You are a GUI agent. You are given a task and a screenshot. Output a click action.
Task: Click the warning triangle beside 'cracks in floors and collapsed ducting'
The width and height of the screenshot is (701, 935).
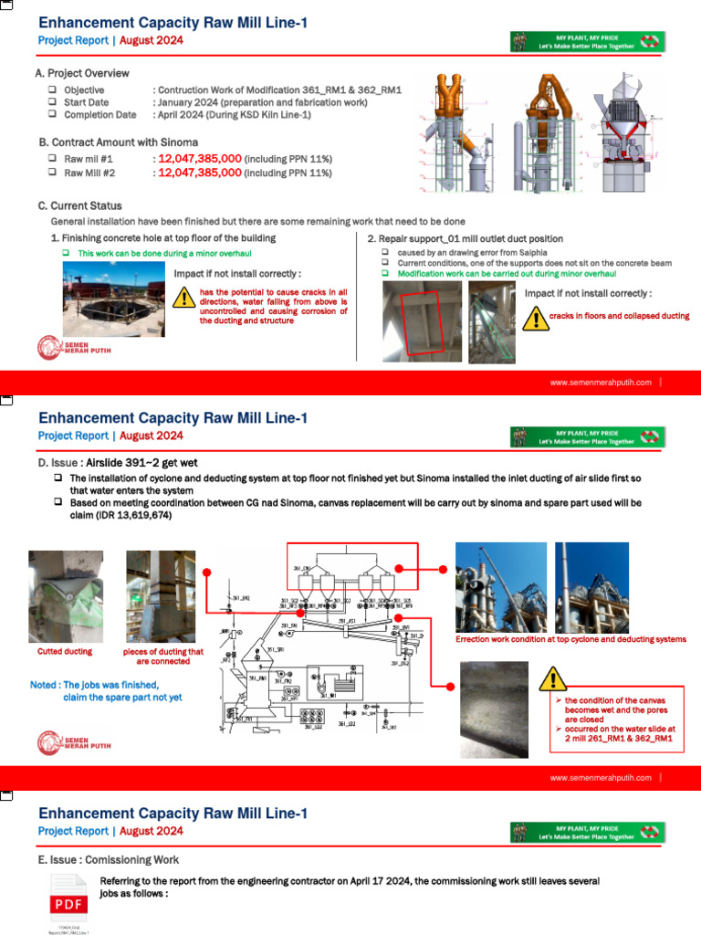coord(534,317)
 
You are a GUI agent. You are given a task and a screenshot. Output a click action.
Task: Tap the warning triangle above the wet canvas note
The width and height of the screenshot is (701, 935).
coord(552,678)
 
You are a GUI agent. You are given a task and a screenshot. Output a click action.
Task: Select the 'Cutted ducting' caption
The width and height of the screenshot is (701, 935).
coord(64,652)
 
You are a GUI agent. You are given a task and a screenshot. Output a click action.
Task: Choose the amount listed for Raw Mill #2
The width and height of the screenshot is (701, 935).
coord(200,172)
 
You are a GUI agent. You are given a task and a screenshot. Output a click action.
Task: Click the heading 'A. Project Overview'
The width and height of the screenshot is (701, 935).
coord(82,73)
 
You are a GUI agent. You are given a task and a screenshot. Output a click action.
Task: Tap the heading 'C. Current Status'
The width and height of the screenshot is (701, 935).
coord(80,206)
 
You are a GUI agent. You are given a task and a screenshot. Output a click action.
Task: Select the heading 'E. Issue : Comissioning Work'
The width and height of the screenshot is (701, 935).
coord(108,860)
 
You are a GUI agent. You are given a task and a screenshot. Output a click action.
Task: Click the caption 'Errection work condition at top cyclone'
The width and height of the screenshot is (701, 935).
coord(570,639)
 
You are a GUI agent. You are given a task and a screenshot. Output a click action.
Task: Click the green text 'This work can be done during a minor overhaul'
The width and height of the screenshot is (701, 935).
coord(163,252)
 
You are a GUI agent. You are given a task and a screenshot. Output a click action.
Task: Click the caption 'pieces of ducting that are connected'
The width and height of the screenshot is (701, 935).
coord(163,657)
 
